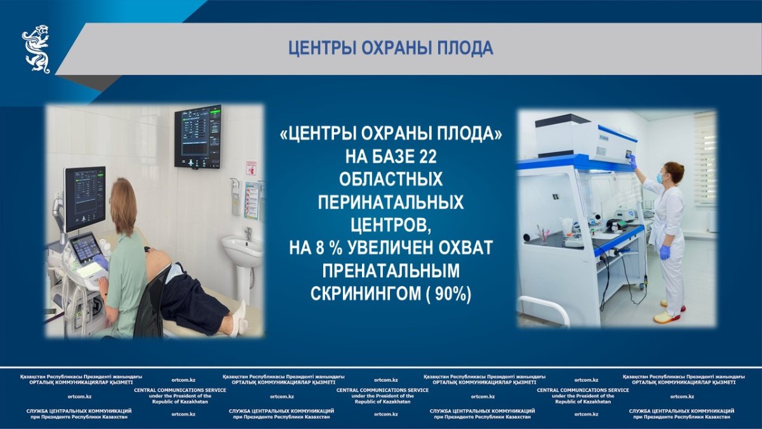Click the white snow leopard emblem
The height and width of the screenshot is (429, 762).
click(x=36, y=49)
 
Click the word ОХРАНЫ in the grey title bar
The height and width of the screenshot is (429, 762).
click(x=395, y=48)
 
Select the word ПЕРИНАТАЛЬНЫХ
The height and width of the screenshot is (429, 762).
click(x=391, y=202)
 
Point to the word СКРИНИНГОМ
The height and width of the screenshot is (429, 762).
click(x=365, y=294)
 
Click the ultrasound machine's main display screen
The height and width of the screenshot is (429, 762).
click(x=84, y=198)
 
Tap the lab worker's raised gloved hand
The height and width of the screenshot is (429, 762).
click(x=632, y=161)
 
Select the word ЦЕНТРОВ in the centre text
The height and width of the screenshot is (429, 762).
click(x=391, y=225)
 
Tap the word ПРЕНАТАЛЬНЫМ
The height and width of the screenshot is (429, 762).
click(x=391, y=271)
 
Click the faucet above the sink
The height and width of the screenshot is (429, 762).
click(x=249, y=234)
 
